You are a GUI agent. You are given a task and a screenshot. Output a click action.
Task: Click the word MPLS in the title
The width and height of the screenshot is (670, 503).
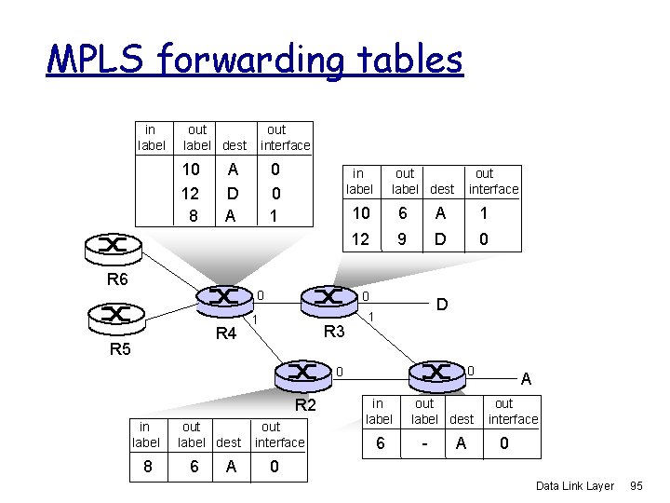pos(98,61)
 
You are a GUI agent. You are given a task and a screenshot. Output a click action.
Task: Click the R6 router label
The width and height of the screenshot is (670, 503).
pos(117,279)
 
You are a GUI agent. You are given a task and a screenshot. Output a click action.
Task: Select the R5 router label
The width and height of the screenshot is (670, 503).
pos(120,350)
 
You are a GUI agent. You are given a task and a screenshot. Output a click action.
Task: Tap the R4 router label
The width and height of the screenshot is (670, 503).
pos(226,333)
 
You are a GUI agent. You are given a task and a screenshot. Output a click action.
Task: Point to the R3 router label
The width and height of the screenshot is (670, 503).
pos(333,332)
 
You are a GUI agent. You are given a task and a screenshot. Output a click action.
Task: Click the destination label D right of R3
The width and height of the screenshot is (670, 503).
pos(442,305)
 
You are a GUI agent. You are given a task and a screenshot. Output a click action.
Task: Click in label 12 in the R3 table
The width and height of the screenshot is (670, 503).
pos(360,239)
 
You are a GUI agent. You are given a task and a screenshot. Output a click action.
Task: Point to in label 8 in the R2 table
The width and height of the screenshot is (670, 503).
pos(147,466)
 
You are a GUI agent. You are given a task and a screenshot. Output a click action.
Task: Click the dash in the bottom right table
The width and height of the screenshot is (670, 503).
pos(423,444)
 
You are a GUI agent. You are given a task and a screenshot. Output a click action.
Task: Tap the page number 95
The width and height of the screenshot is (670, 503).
pos(636,485)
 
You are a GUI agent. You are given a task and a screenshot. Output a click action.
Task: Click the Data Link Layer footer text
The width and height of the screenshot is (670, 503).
pos(575,485)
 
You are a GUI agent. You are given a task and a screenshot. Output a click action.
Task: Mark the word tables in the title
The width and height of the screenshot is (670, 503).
pos(411,61)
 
